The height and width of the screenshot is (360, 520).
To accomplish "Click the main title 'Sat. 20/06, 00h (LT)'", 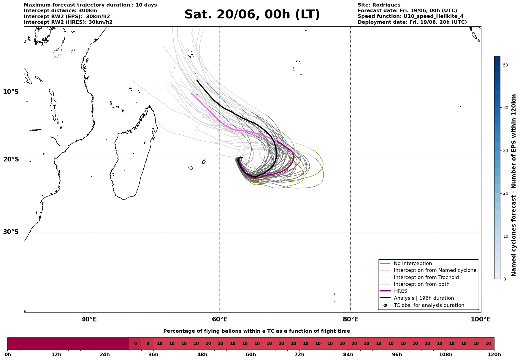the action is (252, 15).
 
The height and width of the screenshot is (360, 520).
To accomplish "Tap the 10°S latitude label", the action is (11, 92).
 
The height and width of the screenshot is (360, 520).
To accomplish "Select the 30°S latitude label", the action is (11, 232).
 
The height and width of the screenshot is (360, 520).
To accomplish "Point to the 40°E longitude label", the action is (89, 319).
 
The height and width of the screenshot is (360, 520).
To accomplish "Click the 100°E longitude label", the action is (481, 319).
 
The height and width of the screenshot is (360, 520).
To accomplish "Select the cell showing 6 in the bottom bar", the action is (135, 344).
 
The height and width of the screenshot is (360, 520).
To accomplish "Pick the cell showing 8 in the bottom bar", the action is (148, 344).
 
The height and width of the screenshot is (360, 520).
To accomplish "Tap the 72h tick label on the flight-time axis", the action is (299, 355).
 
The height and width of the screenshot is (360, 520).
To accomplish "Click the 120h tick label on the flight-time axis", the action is (494, 355).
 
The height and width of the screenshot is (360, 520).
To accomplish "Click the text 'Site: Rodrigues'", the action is (379, 5).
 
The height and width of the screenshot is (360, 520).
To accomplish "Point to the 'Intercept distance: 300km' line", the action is (61, 11).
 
